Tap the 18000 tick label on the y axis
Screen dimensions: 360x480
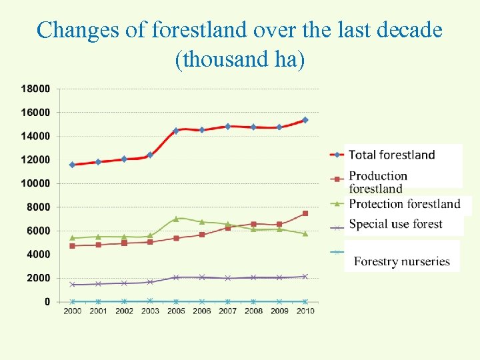(35, 88)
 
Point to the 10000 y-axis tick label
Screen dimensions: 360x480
(35, 183)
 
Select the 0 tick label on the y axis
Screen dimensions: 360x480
(47, 301)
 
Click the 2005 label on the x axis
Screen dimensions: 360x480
(176, 311)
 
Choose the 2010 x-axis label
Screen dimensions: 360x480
(305, 311)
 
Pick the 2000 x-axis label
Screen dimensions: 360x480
(72, 311)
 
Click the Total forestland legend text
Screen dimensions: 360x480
(391, 155)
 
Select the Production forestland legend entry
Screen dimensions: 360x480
(378, 182)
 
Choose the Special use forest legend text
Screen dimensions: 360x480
(395, 224)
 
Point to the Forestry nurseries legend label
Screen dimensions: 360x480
(402, 261)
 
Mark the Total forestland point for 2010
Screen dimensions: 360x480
(305, 120)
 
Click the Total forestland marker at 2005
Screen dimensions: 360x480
(176, 131)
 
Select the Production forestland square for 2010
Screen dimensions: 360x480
(305, 213)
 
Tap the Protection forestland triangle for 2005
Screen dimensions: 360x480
(176, 219)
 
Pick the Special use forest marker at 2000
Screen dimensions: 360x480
(72, 285)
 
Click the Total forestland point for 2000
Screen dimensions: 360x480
(72, 165)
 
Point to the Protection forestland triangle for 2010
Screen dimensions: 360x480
(305, 233)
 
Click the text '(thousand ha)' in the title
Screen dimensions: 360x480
(239, 60)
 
